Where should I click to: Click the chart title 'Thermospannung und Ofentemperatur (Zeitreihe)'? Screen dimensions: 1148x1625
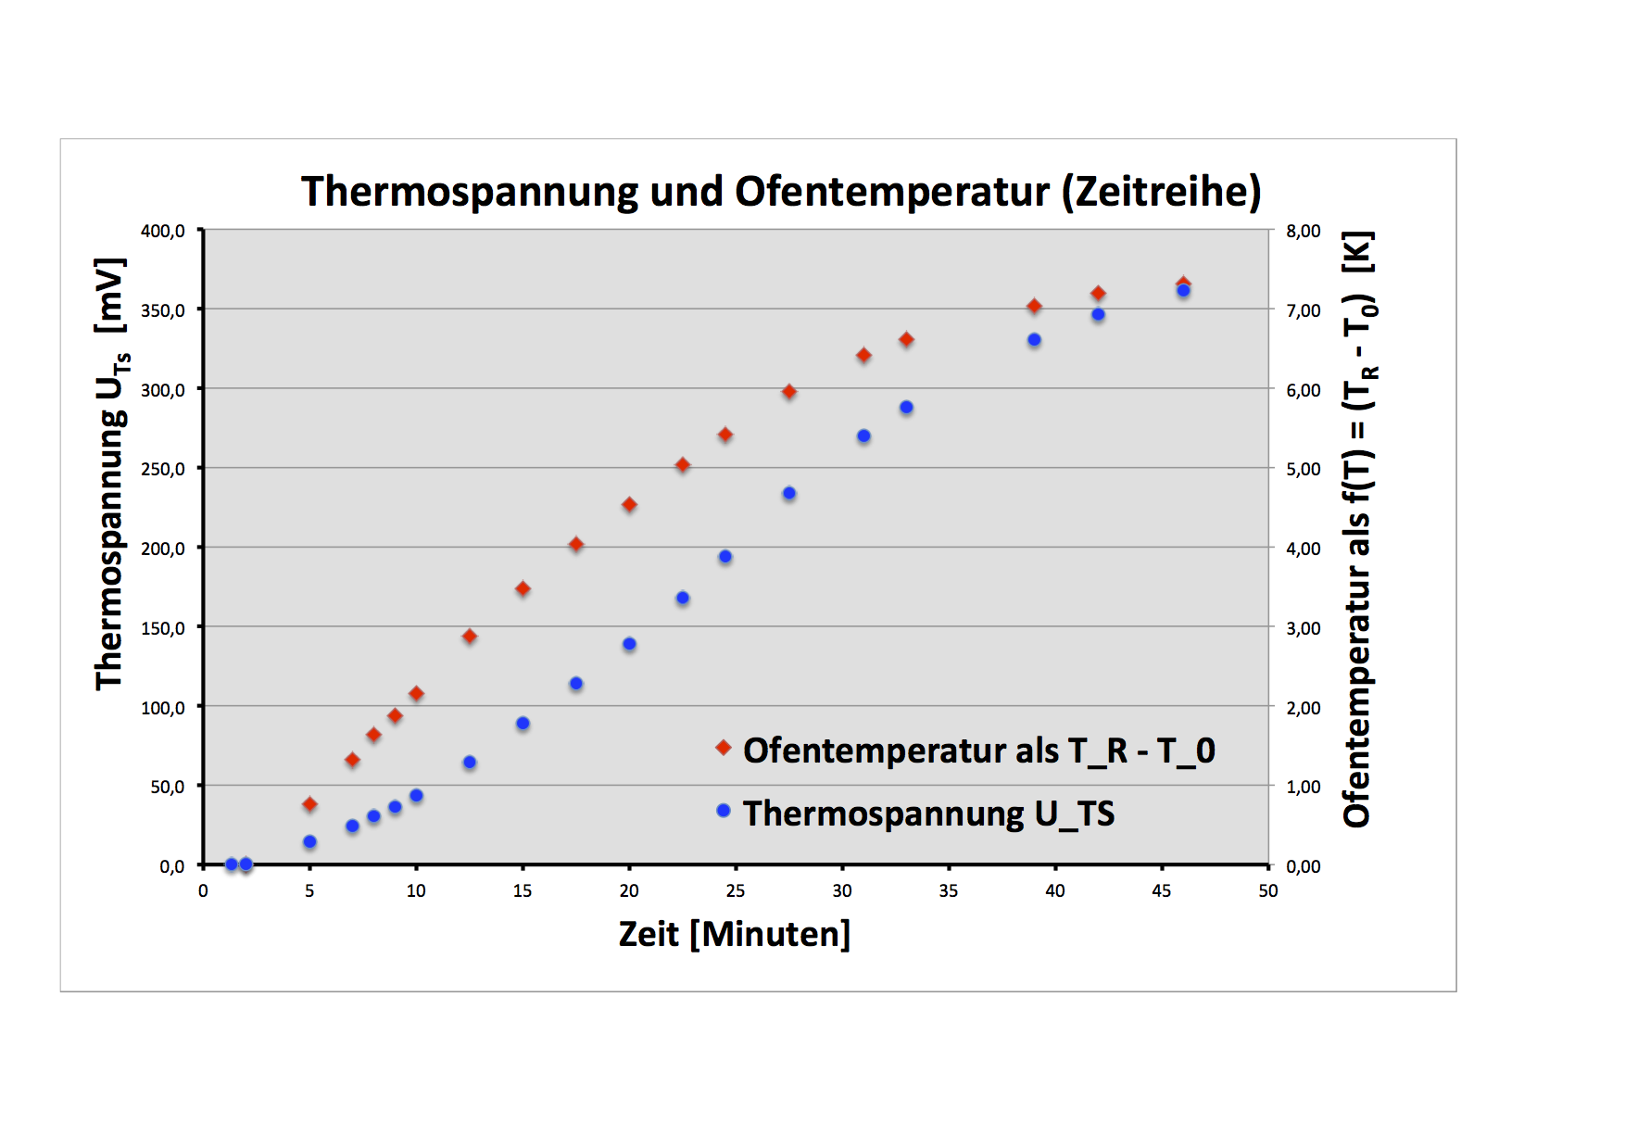point(781,192)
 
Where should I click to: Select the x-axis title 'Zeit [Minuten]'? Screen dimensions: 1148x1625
point(734,934)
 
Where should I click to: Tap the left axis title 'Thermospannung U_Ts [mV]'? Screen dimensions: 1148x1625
point(111,473)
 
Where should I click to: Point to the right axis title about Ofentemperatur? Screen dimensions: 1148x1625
point(1358,528)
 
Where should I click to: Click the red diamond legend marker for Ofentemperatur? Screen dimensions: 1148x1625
point(724,748)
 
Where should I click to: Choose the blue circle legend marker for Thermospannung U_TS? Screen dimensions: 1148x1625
point(724,811)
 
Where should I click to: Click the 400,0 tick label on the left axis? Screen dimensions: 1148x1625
point(163,231)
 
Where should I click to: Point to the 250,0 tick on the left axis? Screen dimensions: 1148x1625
point(163,469)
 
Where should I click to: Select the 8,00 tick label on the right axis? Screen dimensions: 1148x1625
point(1303,231)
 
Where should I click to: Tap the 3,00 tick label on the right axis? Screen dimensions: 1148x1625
point(1303,628)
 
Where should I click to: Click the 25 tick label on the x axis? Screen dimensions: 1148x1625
point(736,890)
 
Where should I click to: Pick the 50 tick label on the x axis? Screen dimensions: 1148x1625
point(1267,890)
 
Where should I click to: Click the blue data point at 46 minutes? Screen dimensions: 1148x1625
point(1183,291)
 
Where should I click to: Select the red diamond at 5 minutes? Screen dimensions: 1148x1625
point(309,804)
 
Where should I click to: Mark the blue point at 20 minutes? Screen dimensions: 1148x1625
point(629,644)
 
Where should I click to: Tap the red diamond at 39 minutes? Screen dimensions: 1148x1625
point(1034,306)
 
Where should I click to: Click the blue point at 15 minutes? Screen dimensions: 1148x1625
point(523,724)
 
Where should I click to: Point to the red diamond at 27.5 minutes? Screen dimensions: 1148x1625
point(789,392)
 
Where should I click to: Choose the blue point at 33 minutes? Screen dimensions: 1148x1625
point(906,408)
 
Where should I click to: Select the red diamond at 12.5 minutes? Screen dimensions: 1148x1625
point(470,637)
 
